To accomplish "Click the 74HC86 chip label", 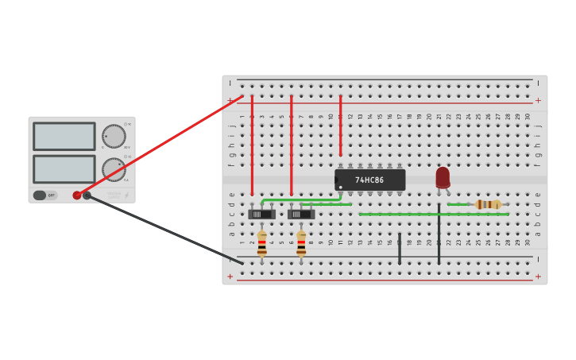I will click(x=369, y=180).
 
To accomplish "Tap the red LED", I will click(x=443, y=177).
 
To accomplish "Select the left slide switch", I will click(x=261, y=214).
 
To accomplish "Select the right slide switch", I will click(x=301, y=214).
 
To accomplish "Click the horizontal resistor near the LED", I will click(x=488, y=204).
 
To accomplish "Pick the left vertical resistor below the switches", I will click(x=261, y=243).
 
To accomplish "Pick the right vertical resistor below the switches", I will click(x=301, y=243).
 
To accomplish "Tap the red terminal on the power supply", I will click(x=77, y=195).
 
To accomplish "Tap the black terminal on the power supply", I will click(x=87, y=195).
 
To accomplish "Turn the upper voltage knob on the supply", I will click(x=114, y=136).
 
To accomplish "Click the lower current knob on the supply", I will click(x=114, y=169).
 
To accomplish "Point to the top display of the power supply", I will click(x=64, y=136).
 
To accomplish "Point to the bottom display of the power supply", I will click(x=64, y=168).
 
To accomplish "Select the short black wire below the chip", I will click(x=400, y=248).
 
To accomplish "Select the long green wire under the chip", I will click(x=433, y=214).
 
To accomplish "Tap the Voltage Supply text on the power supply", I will click(x=114, y=195).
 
